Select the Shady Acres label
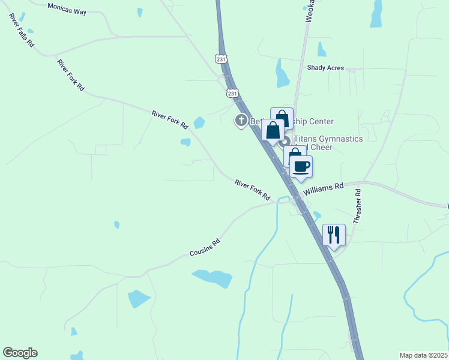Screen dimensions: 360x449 tap(325, 68)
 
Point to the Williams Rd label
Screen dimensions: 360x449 tap(323, 188)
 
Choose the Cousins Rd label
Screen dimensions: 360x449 tap(205, 247)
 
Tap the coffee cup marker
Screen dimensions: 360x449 tap(301, 166)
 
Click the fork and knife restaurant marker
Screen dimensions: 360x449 tap(334, 234)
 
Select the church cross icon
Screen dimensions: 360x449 tap(241, 121)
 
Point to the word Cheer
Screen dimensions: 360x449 tap(321, 148)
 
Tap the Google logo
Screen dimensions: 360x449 tap(20, 353)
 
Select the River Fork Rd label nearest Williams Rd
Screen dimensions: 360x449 tap(252, 190)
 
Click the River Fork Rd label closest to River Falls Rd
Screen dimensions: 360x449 tap(70, 74)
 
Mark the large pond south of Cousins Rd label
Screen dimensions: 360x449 tap(212, 278)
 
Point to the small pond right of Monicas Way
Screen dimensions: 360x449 tap(140, 12)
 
